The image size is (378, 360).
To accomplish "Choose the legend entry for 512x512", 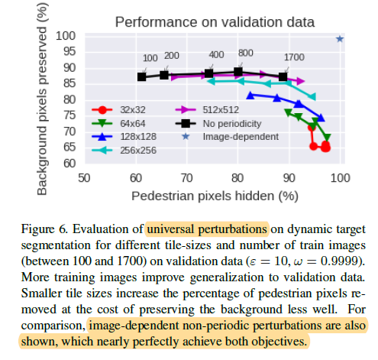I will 219,109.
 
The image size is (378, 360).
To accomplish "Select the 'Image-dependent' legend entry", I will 234,136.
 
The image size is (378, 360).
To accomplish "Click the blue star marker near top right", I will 340,38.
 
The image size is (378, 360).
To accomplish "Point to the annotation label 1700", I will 294,57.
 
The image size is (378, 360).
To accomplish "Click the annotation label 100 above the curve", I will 150,57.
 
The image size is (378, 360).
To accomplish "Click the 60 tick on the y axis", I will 70,163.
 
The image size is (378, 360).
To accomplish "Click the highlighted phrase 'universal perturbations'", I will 207,229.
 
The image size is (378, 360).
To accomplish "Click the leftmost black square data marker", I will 142,76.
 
